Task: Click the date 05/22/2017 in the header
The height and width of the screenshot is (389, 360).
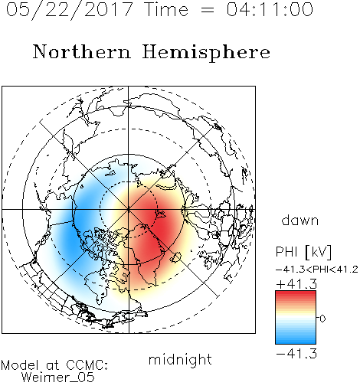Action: click(x=69, y=10)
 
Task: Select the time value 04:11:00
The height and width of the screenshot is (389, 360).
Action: click(x=270, y=9)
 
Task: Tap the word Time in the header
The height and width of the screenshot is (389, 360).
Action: click(x=167, y=9)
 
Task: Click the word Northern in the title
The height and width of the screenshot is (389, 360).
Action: click(x=82, y=51)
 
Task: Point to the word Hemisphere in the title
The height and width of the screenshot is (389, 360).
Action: click(x=206, y=53)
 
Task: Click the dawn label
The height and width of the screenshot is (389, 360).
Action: click(x=300, y=220)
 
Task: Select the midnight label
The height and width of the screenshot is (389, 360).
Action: click(x=180, y=359)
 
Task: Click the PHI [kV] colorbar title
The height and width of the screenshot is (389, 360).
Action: click(x=303, y=252)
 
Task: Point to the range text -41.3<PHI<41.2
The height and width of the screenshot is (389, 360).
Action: click(x=317, y=270)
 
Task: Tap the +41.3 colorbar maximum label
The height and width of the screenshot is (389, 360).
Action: click(x=296, y=284)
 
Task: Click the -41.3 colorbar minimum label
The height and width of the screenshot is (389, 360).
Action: click(x=296, y=353)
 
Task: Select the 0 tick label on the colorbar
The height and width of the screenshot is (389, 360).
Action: click(x=322, y=319)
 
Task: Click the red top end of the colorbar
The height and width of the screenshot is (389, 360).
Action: click(x=296, y=293)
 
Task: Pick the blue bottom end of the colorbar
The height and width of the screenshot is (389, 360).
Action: click(x=296, y=342)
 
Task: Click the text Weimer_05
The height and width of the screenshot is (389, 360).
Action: click(x=58, y=378)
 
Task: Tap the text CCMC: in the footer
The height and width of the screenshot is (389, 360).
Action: click(x=87, y=365)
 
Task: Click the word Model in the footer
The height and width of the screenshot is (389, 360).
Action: click(x=20, y=365)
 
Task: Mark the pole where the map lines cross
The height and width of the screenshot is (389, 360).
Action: click(x=129, y=210)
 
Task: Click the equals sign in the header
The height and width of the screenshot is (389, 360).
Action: click(x=208, y=10)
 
